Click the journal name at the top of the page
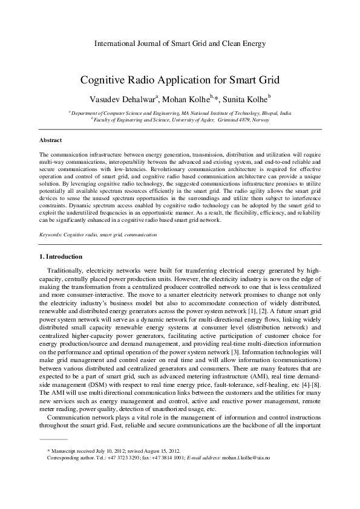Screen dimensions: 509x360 click(180, 44)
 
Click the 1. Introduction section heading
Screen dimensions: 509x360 click(59, 257)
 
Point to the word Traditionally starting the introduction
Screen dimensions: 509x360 click(73, 271)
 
